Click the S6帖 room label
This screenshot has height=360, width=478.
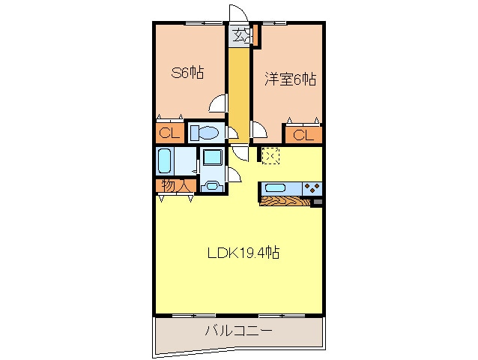click(188, 73)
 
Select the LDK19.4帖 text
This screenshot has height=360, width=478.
click(243, 253)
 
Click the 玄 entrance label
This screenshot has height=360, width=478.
click(239, 34)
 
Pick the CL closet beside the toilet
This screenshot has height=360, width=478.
click(169, 133)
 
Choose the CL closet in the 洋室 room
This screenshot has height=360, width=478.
click(303, 135)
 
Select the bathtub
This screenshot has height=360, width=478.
click(166, 160)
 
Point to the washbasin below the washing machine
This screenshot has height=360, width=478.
click(211, 187)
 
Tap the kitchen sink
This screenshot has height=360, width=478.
click(275, 188)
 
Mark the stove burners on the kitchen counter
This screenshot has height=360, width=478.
click(312, 188)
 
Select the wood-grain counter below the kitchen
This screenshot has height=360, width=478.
click(285, 201)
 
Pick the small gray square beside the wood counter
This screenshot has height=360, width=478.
click(317, 202)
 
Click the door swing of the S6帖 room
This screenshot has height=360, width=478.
click(218, 104)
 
